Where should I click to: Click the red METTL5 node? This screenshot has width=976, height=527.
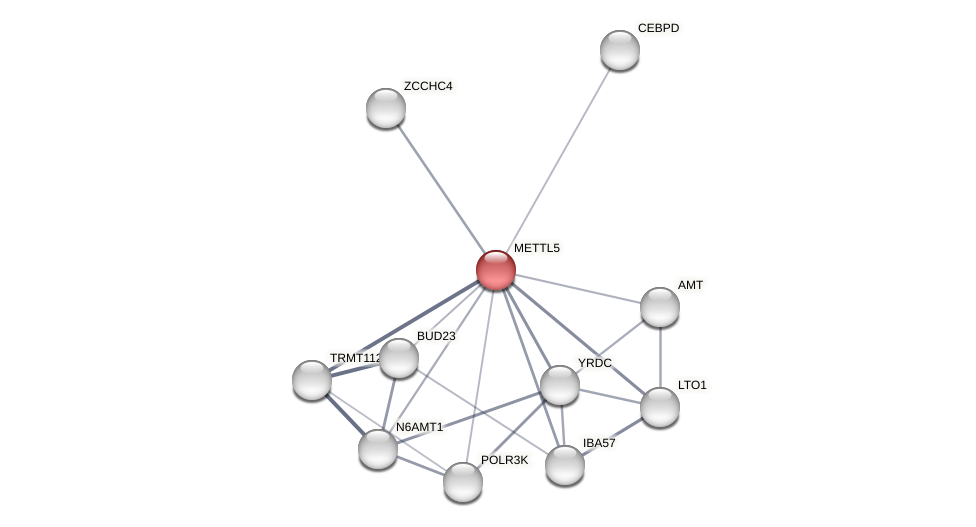495,270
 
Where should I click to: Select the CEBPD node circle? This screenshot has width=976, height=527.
619,50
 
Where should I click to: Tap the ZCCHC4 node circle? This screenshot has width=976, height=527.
386,108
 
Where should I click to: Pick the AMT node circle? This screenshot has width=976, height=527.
660,307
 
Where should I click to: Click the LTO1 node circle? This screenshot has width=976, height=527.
660,407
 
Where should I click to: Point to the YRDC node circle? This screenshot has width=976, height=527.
560,385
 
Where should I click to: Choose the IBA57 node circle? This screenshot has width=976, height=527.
565,465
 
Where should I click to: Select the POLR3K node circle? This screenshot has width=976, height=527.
463,482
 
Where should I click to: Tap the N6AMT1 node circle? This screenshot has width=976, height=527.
378,449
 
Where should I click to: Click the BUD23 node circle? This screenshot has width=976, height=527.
399,358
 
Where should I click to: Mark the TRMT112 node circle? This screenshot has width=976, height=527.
312,380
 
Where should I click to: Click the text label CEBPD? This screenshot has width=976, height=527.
658,28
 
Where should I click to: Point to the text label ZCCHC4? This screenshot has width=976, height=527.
428,86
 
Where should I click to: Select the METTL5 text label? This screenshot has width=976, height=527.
537,248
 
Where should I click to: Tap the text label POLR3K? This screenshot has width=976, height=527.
504,460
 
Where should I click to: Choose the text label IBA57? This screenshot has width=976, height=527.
600,443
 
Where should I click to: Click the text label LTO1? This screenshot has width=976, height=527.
692,385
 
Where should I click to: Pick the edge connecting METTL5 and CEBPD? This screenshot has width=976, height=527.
557,160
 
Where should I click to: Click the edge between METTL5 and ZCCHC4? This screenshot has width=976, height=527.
440,189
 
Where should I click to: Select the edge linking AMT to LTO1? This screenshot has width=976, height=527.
660,357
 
